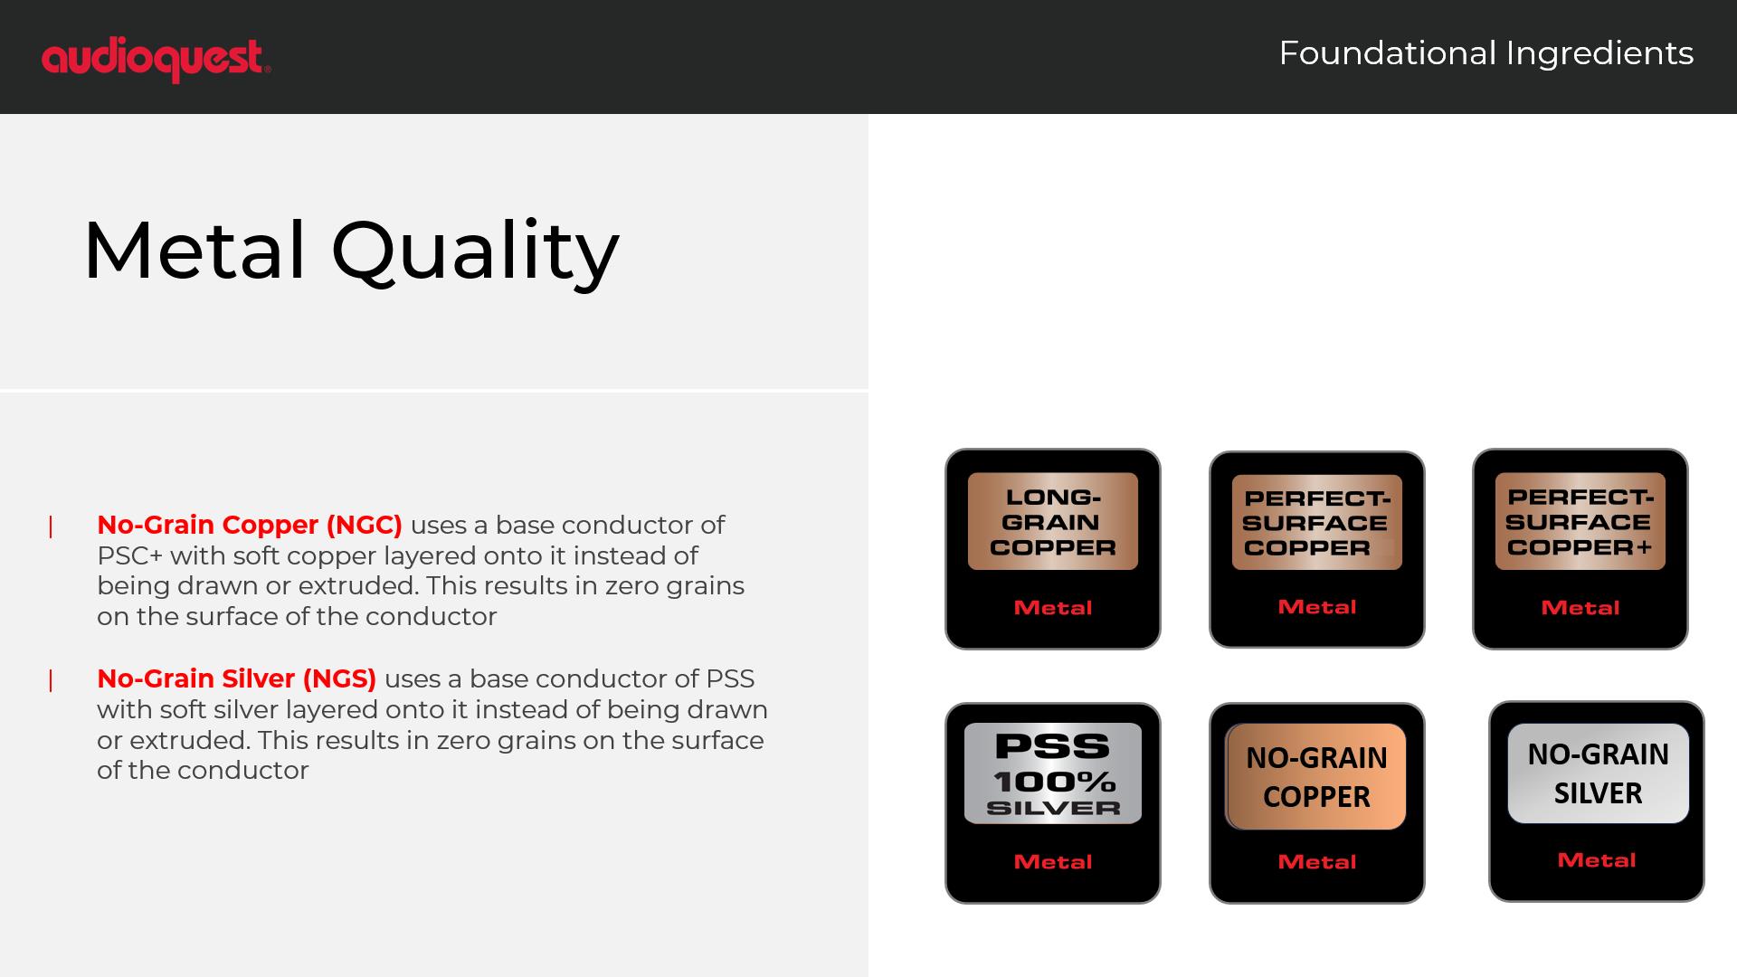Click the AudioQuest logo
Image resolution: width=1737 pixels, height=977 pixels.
(156, 60)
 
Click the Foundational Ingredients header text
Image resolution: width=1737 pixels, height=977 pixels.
(1485, 53)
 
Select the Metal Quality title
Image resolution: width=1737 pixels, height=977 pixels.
(351, 251)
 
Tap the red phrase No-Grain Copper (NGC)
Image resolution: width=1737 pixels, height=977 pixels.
(250, 525)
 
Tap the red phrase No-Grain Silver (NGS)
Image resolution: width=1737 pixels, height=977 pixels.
(237, 678)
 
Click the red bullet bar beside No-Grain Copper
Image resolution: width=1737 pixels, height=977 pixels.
(51, 526)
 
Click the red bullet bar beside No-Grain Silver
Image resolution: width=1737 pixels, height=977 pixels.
(51, 680)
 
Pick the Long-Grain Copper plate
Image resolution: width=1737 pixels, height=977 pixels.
(1053, 521)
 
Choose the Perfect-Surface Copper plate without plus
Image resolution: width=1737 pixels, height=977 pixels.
(1316, 522)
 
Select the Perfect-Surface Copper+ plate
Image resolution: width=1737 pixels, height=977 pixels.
(1580, 521)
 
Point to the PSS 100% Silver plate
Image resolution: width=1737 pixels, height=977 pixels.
(1053, 773)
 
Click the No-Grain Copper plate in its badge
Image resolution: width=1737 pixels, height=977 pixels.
(1316, 776)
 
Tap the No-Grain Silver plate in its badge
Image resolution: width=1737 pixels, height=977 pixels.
(1599, 773)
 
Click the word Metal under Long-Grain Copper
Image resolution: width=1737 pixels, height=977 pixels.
(1053, 608)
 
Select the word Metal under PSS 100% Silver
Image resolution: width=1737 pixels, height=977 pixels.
(1053, 862)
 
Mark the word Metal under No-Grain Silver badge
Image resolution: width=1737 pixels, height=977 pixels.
(1597, 860)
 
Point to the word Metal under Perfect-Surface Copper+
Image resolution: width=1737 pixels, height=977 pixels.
(1580, 608)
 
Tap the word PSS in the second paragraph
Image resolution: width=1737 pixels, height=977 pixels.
(730, 678)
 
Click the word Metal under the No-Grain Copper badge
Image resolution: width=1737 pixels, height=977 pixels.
(1317, 862)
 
